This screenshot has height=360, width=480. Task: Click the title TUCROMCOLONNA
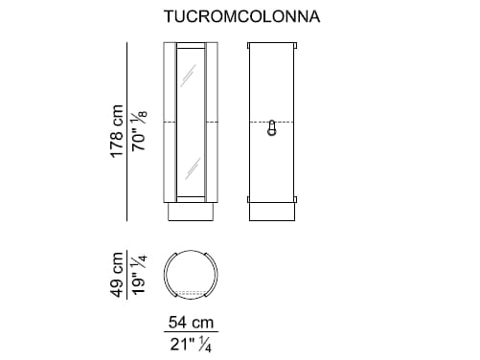pyautogui.click(x=240, y=16)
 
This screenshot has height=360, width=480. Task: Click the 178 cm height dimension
pyautogui.click(x=117, y=131)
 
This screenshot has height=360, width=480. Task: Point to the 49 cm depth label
pyautogui.click(x=117, y=277)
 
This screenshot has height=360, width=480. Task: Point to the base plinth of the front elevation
pyautogui.click(x=191, y=212)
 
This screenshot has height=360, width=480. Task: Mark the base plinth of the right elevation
pyautogui.click(x=273, y=212)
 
